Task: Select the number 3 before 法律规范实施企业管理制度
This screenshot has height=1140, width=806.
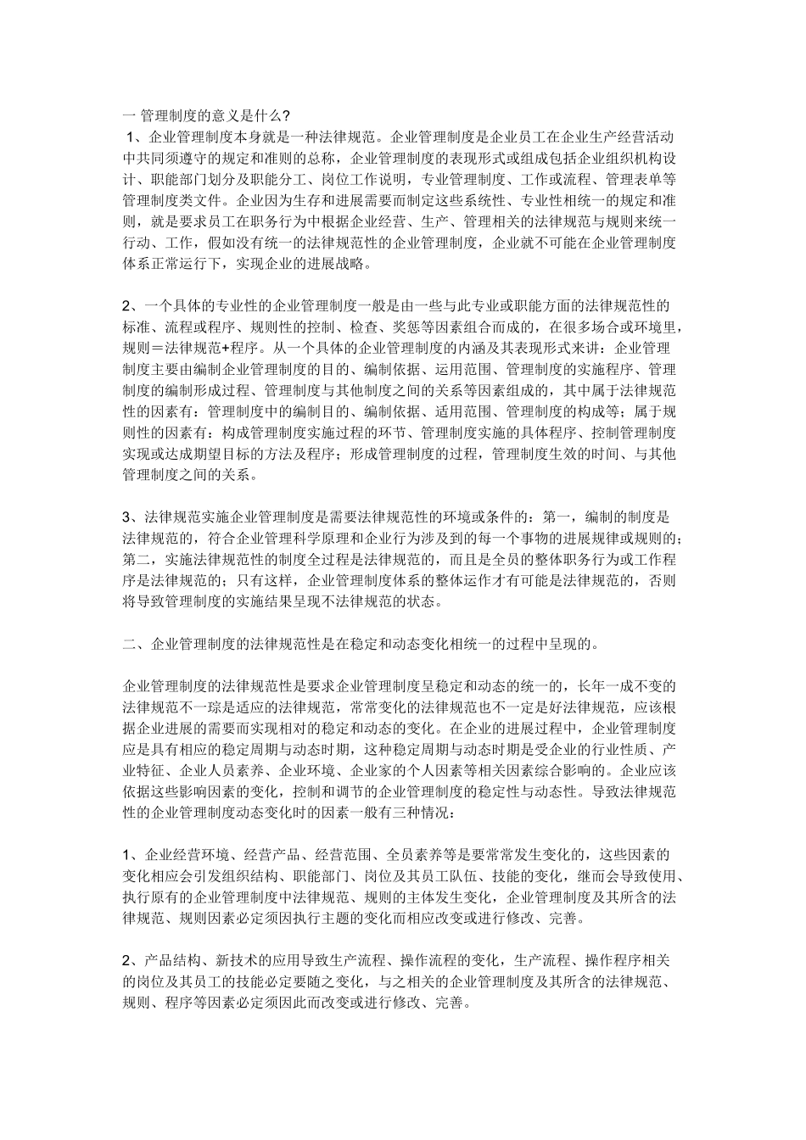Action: click(126, 516)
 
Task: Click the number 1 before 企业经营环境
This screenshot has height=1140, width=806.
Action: click(126, 854)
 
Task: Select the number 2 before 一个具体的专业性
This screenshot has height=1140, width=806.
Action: click(126, 305)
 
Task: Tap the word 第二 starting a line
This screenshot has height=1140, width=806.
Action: click(137, 559)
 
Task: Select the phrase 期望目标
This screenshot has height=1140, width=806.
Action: click(216, 454)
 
